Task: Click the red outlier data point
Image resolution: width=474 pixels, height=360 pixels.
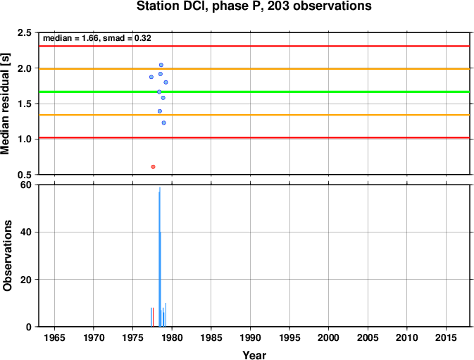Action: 153,167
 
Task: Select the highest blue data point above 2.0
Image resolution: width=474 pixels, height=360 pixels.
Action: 161,65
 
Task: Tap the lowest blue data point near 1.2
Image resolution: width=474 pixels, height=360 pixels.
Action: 164,123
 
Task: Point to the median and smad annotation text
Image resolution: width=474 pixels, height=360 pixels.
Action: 97,38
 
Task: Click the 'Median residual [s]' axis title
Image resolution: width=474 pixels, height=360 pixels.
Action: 5,104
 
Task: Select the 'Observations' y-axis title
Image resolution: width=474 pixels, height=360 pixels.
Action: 7,256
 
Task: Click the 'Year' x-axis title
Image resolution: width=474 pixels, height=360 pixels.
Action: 254,355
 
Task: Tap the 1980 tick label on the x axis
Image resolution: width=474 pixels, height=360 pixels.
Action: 172,337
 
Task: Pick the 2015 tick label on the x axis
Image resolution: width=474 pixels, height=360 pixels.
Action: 446,337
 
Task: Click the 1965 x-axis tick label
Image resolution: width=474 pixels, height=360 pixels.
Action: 54,337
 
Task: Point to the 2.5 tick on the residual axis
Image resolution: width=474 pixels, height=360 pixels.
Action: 25,32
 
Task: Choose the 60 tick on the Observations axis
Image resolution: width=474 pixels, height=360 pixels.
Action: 26,185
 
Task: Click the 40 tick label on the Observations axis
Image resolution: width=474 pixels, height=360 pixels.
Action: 26,232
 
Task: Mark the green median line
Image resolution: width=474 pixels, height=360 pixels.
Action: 254,92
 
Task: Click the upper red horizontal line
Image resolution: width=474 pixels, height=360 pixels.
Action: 254,46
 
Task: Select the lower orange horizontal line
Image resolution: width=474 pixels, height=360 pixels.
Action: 254,115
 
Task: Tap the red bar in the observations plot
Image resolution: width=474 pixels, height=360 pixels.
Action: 154,317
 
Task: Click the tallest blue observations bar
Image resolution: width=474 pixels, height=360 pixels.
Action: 160,257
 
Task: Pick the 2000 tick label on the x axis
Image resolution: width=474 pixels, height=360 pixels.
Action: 329,337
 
